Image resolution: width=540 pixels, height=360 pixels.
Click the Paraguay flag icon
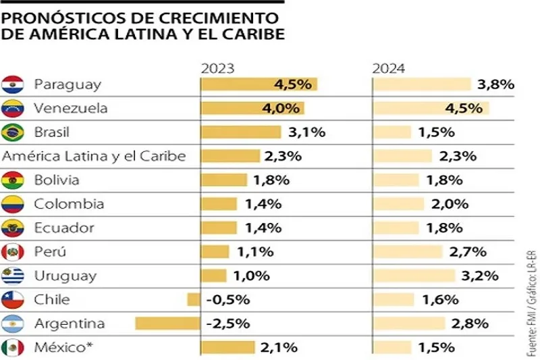pos(13,84)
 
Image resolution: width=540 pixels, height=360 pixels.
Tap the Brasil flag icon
pos(13,132)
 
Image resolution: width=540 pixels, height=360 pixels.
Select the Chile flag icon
pos(13,300)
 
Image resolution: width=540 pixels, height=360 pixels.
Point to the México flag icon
pos(13,348)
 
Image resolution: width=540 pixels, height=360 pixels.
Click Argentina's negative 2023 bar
pos(167,324)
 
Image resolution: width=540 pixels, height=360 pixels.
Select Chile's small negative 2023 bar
pos(194,300)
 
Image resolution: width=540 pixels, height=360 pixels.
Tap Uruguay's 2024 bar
pos(414,276)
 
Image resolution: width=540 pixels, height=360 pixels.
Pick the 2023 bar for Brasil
pos(241,132)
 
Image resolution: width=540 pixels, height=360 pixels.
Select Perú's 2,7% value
pos(467,252)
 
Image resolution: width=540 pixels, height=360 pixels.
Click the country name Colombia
pos(69,204)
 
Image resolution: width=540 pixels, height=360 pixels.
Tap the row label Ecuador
pos(64,228)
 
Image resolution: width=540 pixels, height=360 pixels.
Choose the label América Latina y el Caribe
pos(94,156)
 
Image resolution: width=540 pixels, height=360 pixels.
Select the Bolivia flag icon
pos(13,180)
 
